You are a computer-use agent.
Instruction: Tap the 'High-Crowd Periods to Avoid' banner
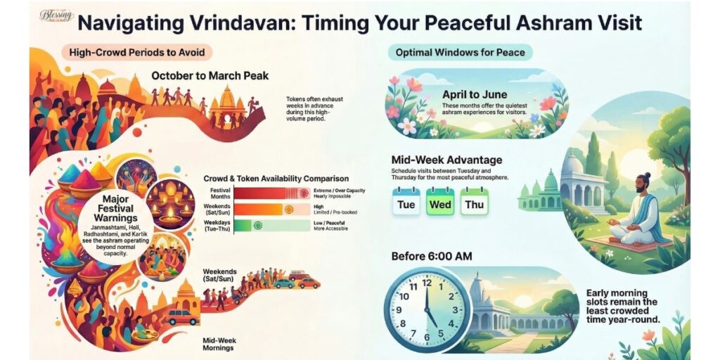[136, 52]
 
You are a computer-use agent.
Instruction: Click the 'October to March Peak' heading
[210, 75]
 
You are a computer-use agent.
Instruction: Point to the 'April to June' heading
[475, 94]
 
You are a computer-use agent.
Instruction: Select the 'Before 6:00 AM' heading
[432, 256]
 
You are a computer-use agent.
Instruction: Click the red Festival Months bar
[260, 193]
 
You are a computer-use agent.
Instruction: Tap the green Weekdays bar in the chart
[243, 225]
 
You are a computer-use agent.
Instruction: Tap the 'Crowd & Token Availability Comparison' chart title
[276, 179]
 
